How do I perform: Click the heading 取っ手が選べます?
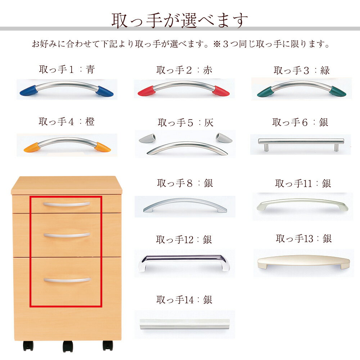[x=180, y=21]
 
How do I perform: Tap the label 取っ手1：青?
[x=67, y=69]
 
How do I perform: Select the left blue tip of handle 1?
[x=28, y=91]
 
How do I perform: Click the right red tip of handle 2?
[x=221, y=91]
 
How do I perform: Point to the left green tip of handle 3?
[x=264, y=92]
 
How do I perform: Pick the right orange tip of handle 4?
[x=102, y=147]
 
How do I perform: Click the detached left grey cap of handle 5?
[x=147, y=138]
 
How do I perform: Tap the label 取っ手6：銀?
[x=300, y=122]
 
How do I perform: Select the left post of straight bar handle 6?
[x=266, y=147]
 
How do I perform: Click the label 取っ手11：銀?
[x=303, y=184]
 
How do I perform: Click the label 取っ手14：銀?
[x=184, y=300]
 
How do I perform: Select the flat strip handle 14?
[x=185, y=324]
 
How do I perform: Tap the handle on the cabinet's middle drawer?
[x=67, y=235]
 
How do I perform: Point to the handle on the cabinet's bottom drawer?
[x=67, y=280]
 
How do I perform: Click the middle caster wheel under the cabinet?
[x=68, y=346]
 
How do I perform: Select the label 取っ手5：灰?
[x=185, y=123]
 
